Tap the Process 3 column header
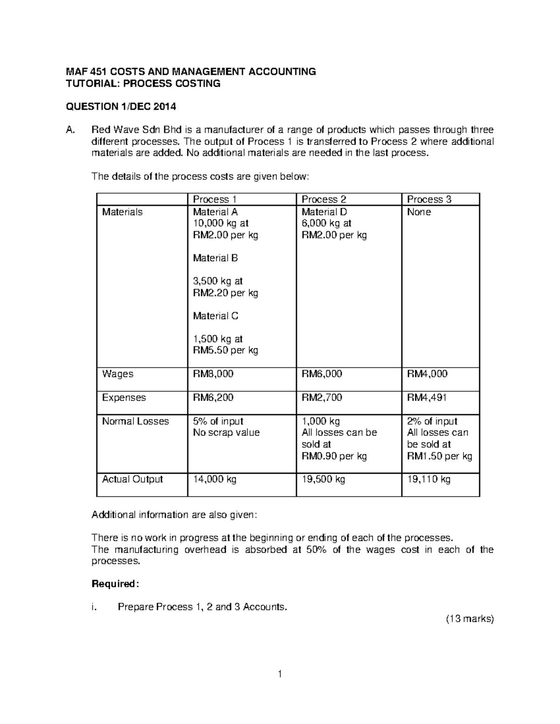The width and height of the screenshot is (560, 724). pos(429,200)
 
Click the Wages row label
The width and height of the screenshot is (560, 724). pos(118,374)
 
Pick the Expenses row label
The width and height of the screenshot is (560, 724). pos(124,398)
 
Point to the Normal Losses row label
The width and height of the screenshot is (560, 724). pos(135,421)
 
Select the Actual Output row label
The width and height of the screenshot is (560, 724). pos(133,479)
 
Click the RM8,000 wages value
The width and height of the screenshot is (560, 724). pos(213,374)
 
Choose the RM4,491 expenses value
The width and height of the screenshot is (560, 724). pos(427,398)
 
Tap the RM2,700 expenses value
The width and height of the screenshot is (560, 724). pos(322,398)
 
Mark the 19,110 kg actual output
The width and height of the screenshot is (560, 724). pos(429,479)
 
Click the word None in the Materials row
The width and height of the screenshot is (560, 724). pos(419,212)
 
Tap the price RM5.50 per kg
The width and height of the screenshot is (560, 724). pos(225,351)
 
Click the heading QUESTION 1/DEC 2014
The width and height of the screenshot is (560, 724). pos(121,107)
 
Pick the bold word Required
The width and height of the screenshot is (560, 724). pos(115,584)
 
